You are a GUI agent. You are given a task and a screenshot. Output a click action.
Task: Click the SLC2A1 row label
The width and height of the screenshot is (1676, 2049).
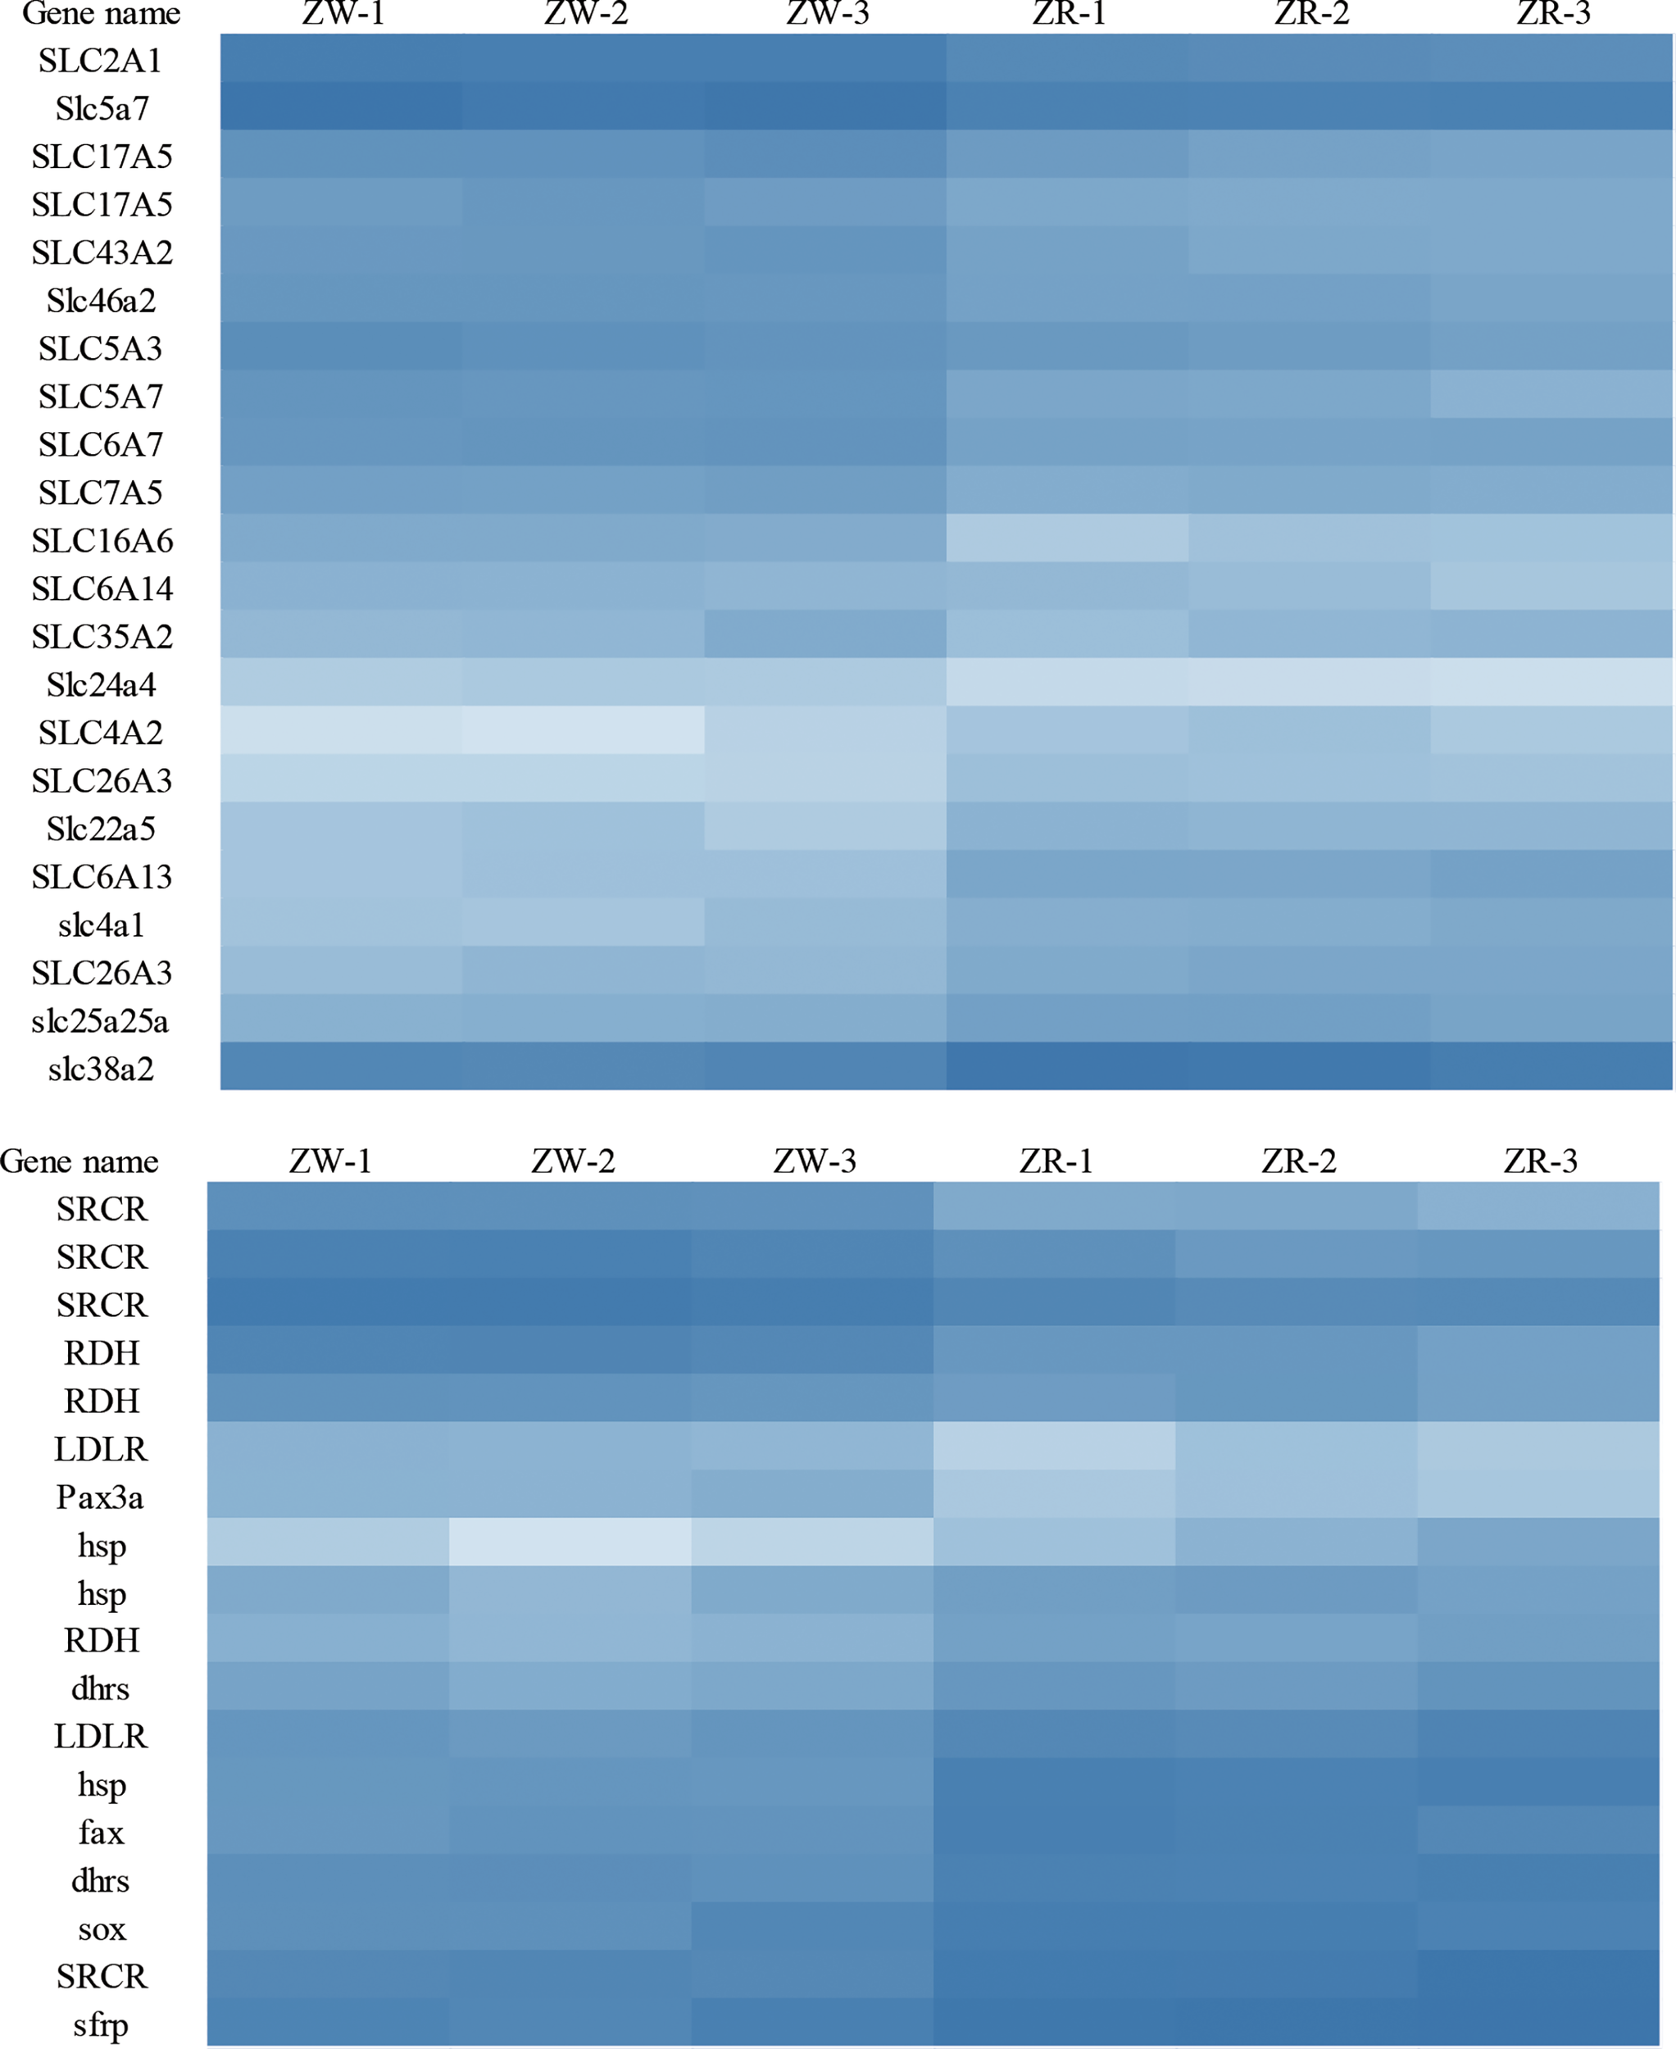click(x=101, y=61)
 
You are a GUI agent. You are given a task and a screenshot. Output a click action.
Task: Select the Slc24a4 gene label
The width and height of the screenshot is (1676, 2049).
click(x=101, y=684)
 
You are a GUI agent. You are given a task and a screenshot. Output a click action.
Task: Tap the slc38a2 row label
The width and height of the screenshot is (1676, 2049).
click(x=101, y=1069)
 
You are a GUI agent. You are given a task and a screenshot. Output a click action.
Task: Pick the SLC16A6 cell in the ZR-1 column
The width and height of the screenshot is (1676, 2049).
click(x=1067, y=538)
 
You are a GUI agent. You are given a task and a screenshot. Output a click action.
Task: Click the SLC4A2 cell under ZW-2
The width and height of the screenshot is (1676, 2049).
click(x=584, y=730)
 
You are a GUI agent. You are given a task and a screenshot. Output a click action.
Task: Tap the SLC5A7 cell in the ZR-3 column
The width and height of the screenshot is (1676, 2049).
click(x=1551, y=394)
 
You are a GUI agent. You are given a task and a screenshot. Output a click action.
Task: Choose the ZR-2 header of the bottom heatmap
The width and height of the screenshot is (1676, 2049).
click(x=1298, y=1161)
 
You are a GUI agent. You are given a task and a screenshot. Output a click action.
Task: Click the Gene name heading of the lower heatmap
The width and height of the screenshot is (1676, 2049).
click(x=79, y=1161)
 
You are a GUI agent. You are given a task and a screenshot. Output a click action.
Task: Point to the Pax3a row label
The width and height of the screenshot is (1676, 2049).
click(x=101, y=1497)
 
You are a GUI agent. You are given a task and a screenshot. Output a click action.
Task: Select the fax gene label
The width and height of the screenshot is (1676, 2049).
click(x=101, y=1833)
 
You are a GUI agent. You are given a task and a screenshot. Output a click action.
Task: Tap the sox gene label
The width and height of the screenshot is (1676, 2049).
click(x=102, y=1929)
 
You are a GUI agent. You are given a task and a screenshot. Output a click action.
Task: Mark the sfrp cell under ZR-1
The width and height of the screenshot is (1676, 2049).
click(x=1054, y=2022)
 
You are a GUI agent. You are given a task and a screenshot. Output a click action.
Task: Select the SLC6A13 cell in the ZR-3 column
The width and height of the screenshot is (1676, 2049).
click(x=1551, y=874)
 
